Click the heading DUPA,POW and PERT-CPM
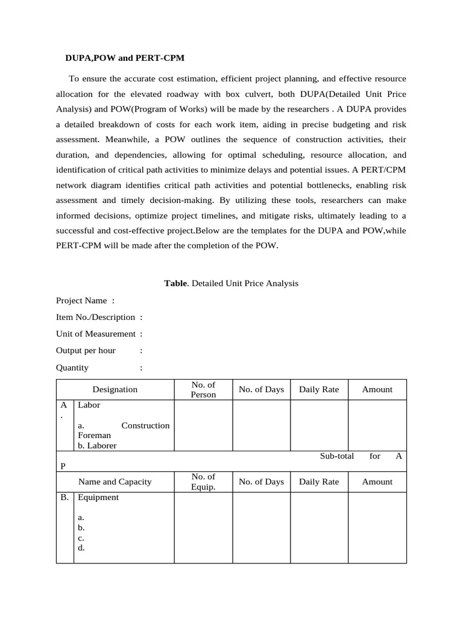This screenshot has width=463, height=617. pyautogui.click(x=125, y=58)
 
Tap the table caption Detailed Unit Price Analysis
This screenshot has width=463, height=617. pyautogui.click(x=231, y=283)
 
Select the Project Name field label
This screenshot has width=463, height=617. pyautogui.click(x=81, y=300)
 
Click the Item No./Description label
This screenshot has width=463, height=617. pyautogui.click(x=95, y=317)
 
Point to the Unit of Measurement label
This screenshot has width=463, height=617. pyautogui.click(x=96, y=334)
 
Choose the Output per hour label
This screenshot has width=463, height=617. pyautogui.click(x=86, y=351)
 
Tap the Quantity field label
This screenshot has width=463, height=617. pyautogui.click(x=72, y=368)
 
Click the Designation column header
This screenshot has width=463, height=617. pyautogui.click(x=115, y=389)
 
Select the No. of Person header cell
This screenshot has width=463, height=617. pyautogui.click(x=203, y=389)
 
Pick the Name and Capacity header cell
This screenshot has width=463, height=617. pyautogui.click(x=115, y=481)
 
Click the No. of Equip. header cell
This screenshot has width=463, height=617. pyautogui.click(x=203, y=481)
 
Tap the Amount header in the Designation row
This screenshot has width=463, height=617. pyautogui.click(x=377, y=389)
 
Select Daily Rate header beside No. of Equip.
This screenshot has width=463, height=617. pyautogui.click(x=319, y=481)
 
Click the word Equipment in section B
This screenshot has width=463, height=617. pyautogui.click(x=98, y=497)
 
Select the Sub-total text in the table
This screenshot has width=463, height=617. pyautogui.click(x=336, y=456)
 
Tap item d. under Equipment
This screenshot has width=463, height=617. pyautogui.click(x=81, y=548)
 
